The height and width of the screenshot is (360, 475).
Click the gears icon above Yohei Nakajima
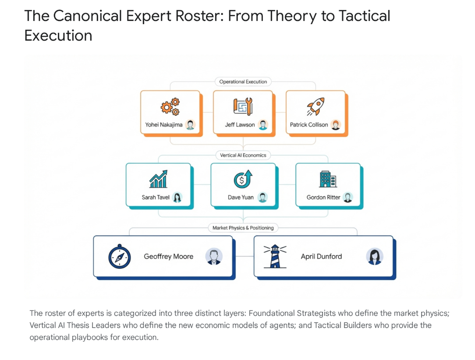click(x=170, y=106)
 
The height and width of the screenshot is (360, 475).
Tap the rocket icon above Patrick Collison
click(x=315, y=106)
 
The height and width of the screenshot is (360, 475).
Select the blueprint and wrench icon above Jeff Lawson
click(x=243, y=106)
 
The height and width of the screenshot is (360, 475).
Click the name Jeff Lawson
click(x=240, y=125)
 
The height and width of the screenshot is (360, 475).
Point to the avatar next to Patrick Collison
click(x=336, y=125)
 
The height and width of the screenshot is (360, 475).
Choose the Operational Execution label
click(x=243, y=81)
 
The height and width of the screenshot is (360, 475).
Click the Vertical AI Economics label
click(x=243, y=155)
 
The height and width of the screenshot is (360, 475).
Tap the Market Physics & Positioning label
click(x=243, y=228)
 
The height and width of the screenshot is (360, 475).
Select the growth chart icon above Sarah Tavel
click(x=158, y=180)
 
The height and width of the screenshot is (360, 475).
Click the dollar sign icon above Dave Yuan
click(x=243, y=180)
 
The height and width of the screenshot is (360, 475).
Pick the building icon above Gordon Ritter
click(x=328, y=179)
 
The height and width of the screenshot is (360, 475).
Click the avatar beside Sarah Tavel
click(x=177, y=198)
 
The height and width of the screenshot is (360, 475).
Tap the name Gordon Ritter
click(x=323, y=198)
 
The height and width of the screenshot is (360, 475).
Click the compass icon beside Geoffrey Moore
click(x=120, y=257)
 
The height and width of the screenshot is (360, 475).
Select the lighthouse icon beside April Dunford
click(x=275, y=256)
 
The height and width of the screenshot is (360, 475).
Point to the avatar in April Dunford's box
click(x=375, y=257)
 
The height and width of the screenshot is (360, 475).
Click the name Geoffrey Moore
click(x=169, y=257)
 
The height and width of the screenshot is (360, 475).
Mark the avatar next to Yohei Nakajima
click(x=190, y=125)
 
